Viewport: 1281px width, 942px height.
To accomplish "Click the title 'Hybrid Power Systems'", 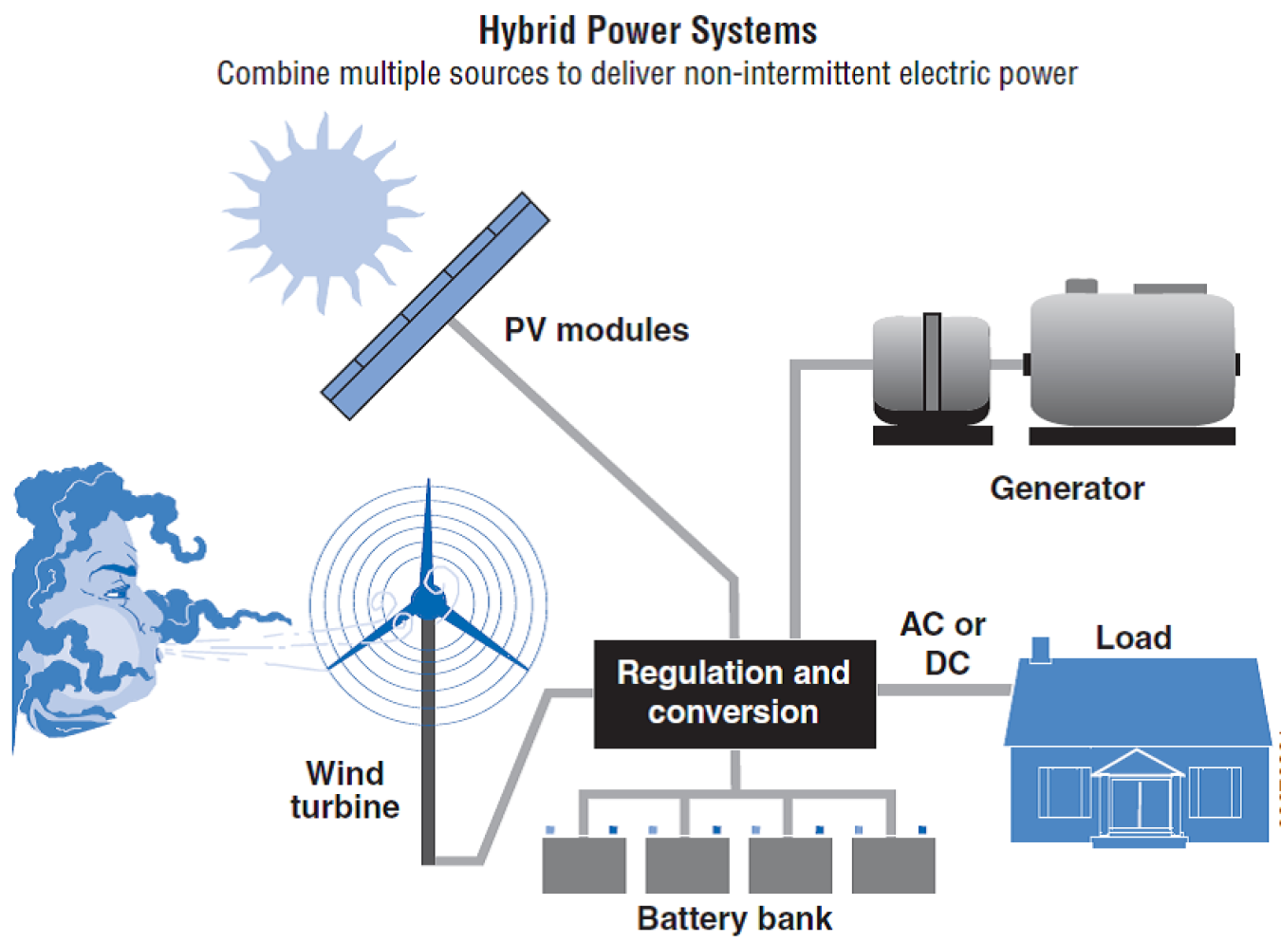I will (x=647, y=31).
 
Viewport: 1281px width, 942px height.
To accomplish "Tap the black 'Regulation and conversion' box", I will (x=733, y=693).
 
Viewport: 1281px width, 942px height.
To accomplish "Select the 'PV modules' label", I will (x=596, y=330).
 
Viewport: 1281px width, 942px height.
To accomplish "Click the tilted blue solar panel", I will (x=436, y=305).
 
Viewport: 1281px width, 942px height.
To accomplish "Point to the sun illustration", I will (x=323, y=214).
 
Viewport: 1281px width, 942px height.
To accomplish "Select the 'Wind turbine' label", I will (x=344, y=789).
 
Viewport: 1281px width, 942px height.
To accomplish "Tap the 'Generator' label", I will (x=1067, y=489).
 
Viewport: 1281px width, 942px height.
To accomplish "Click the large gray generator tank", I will (x=1131, y=360).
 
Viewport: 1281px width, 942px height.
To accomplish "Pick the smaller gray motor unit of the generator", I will (x=931, y=370).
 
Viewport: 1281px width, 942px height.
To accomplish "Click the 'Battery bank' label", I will (x=734, y=918).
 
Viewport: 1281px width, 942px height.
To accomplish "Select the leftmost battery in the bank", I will (x=584, y=864).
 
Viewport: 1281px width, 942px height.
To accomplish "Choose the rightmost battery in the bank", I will (x=893, y=864).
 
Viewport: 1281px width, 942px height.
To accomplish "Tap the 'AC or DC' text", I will (x=943, y=643).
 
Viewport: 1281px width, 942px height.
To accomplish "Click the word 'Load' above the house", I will (x=1133, y=637).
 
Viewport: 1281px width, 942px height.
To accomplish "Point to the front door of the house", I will (x=1136, y=804).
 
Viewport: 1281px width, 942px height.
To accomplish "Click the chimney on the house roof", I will (x=1040, y=649).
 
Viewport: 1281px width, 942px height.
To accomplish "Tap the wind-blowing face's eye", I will (x=116, y=592).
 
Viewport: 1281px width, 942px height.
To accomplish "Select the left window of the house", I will (x=1064, y=791).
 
